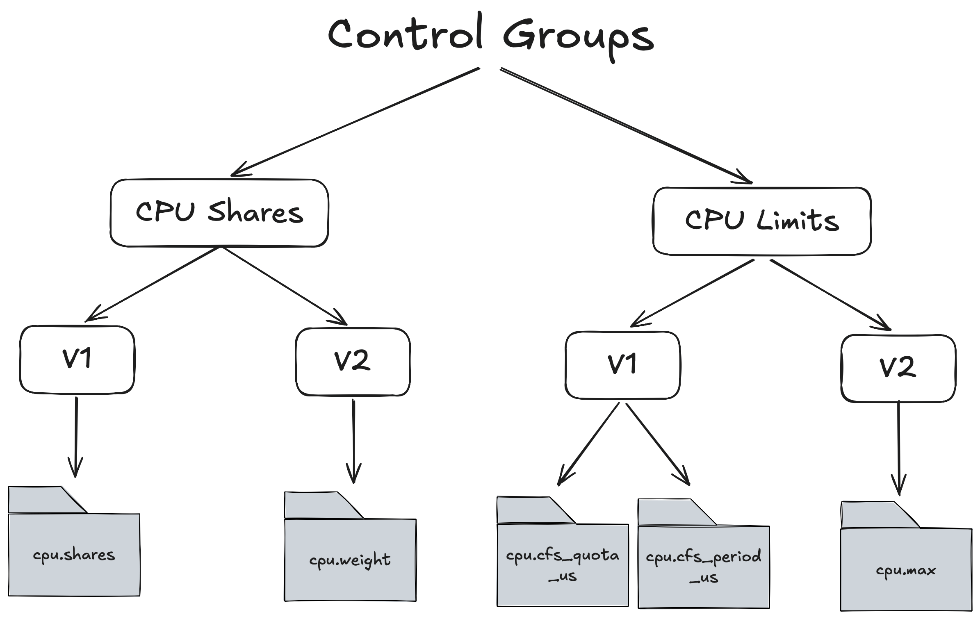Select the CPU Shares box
219,213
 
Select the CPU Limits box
762,221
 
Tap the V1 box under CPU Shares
77,360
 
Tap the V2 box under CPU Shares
353,362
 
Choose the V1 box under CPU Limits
622,365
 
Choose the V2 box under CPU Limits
898,368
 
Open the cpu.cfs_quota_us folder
563,564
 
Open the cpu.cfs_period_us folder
704,566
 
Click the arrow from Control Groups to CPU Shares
355,122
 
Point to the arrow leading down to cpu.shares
76,437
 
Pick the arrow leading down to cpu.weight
353,441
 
